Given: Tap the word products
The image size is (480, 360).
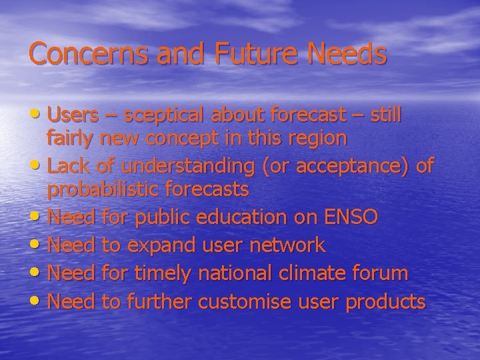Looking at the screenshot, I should tap(385, 302).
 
